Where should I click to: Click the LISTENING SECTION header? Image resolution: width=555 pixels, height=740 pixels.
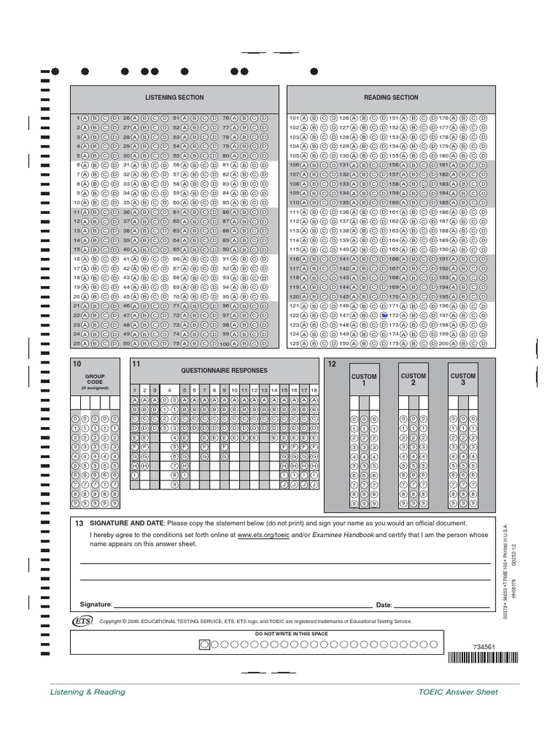pos(174,98)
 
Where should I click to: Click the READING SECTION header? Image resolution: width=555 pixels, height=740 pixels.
pos(391,98)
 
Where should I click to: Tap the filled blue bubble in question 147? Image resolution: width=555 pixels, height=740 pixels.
pos(384,316)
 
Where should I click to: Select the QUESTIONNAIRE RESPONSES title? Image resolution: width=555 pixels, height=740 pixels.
pos(224,371)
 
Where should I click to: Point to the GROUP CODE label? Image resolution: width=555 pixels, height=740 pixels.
pos(95,379)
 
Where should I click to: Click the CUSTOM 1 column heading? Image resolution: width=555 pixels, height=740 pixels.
pos(363,380)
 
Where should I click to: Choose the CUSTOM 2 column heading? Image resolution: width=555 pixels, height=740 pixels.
pos(413,379)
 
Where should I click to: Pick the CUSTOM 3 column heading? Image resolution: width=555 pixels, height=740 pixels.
pos(463,379)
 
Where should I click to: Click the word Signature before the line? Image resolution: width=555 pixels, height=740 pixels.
pos(96,604)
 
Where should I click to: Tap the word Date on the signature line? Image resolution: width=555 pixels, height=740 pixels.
pos(383,605)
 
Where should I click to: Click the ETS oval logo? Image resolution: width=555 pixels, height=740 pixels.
pos(82,621)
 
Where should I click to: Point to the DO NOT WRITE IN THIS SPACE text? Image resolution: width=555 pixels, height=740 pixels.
pos(291,634)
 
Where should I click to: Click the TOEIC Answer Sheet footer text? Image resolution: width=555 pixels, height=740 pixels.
pos(458,692)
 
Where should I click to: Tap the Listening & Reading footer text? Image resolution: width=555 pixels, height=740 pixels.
pos(87,692)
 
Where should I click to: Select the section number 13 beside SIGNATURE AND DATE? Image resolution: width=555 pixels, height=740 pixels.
pos(79,523)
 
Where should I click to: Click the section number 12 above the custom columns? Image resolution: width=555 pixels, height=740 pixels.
pos(332,363)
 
